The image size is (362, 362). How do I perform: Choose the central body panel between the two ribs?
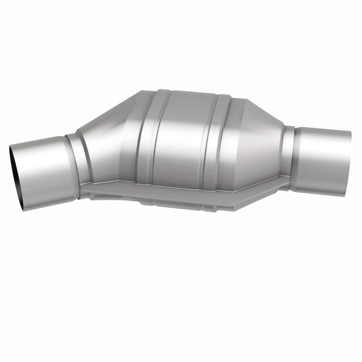click(186, 136)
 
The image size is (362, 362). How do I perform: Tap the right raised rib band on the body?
click(222, 136)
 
